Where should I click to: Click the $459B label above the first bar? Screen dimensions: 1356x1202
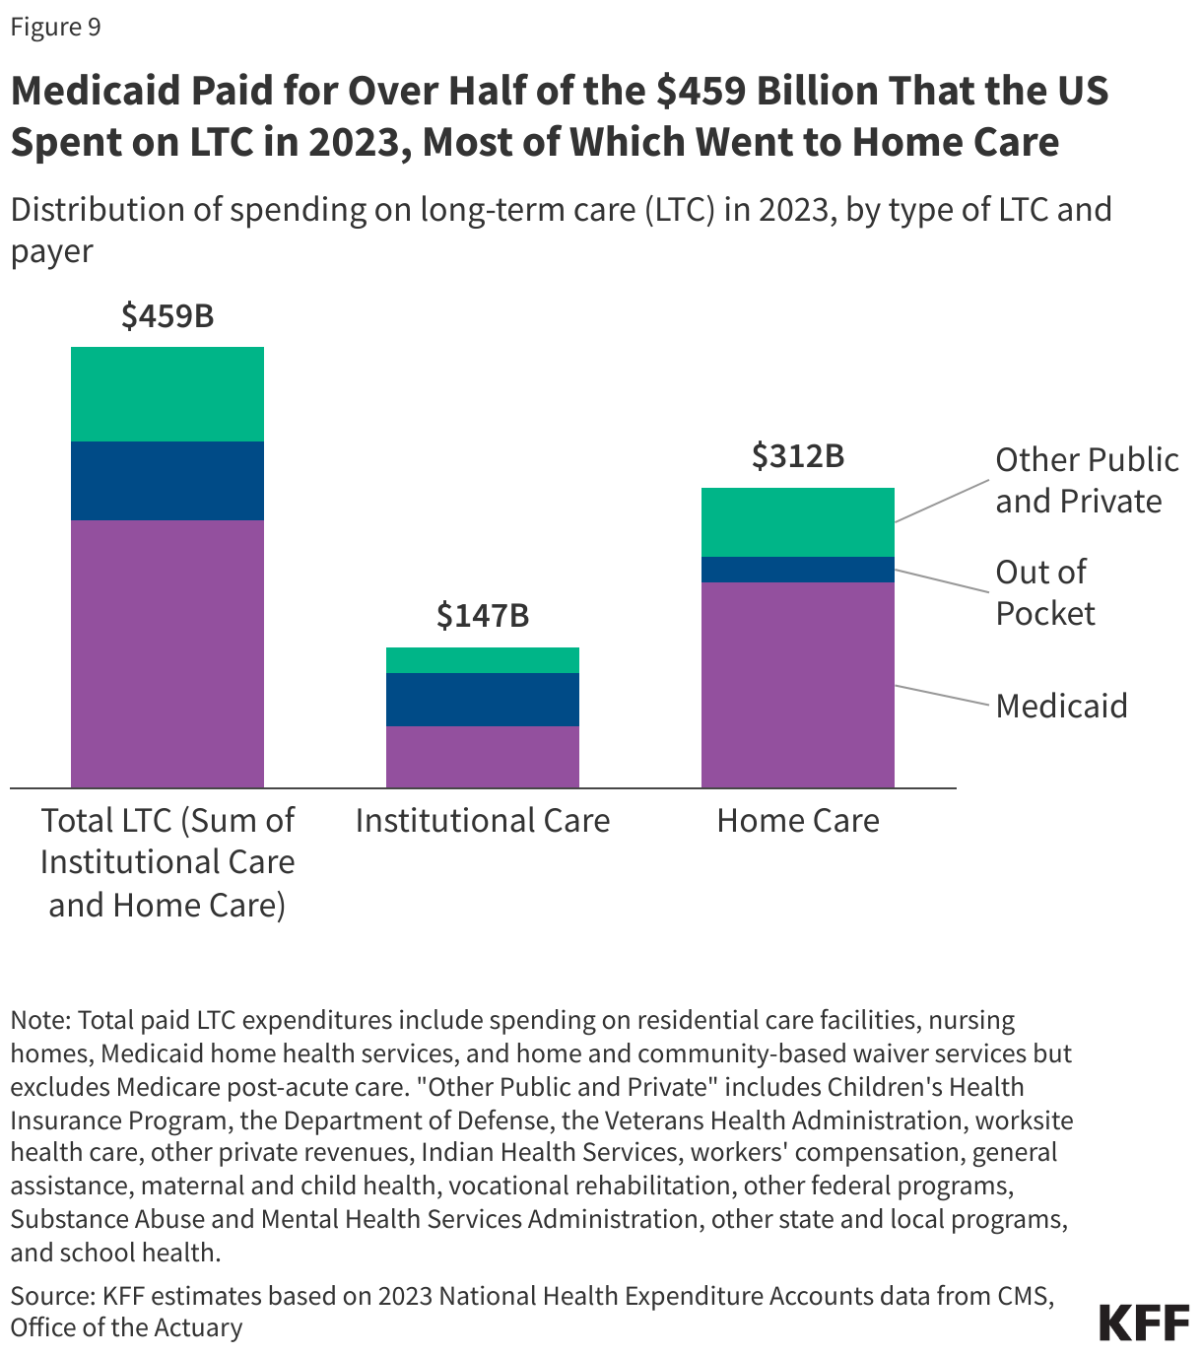click(167, 316)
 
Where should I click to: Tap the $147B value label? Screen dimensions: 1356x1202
click(483, 616)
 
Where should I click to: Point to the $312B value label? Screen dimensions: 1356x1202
click(798, 456)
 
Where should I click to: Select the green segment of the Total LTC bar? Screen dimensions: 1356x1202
click(167, 394)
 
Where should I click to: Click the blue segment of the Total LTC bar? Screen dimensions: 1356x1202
click(167, 481)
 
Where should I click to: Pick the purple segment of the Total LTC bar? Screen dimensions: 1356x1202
click(167, 653)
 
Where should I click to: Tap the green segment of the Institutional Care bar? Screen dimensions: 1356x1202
click(483, 660)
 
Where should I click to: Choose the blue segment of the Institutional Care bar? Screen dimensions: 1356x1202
click(483, 700)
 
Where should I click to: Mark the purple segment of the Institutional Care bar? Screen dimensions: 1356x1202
click(483, 757)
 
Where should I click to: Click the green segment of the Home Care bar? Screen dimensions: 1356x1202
click(798, 522)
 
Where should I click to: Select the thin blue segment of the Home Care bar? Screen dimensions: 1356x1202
click(798, 570)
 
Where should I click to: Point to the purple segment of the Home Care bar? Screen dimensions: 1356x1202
click(798, 685)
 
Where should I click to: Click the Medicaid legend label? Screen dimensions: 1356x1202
click(1061, 706)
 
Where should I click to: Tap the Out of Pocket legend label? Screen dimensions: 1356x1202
click(1044, 592)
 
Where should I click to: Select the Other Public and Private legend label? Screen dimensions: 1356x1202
click(1086, 480)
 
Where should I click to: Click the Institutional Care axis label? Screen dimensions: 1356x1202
click(483, 821)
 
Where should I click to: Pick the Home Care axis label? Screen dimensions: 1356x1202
click(798, 821)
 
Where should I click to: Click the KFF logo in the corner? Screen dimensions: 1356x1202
click(1144, 1322)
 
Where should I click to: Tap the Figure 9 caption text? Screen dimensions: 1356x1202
click(56, 27)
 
